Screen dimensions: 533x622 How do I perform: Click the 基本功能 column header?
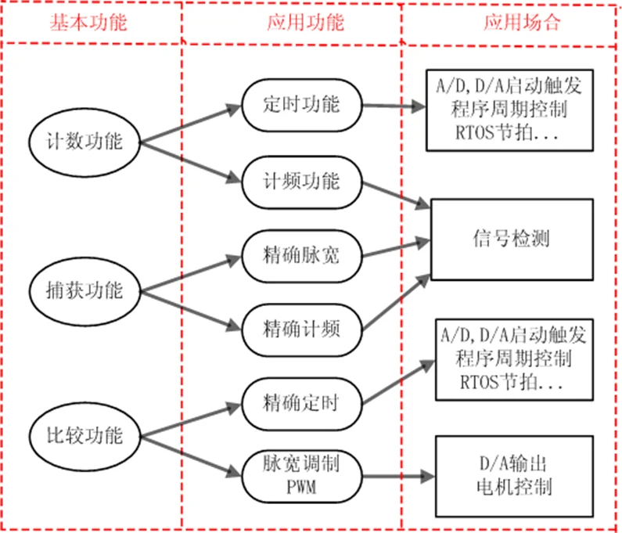coord(88,22)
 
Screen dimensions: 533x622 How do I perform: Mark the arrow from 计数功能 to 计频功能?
coord(188,162)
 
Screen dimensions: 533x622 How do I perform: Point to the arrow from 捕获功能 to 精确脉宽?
coord(188,272)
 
